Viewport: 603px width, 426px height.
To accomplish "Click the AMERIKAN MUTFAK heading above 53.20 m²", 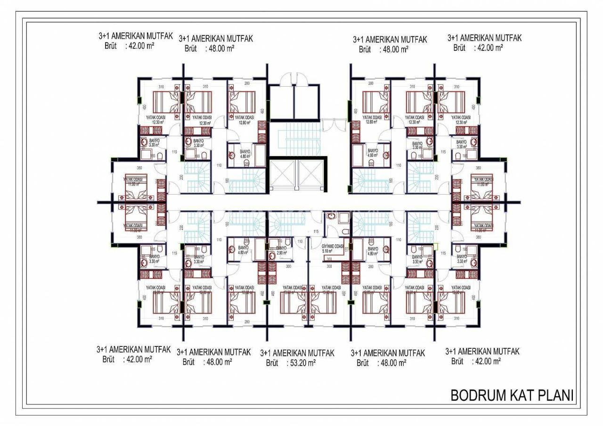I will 304,352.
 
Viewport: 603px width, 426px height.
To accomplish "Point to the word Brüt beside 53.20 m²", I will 272,362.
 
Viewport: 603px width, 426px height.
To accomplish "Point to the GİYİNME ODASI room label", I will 332,246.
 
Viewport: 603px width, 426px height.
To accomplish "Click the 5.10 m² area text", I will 328,251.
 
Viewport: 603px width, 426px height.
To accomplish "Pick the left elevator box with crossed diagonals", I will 283,175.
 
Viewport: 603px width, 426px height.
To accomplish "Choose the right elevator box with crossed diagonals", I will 310,175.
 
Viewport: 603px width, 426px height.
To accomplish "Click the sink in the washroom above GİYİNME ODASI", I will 331,217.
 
